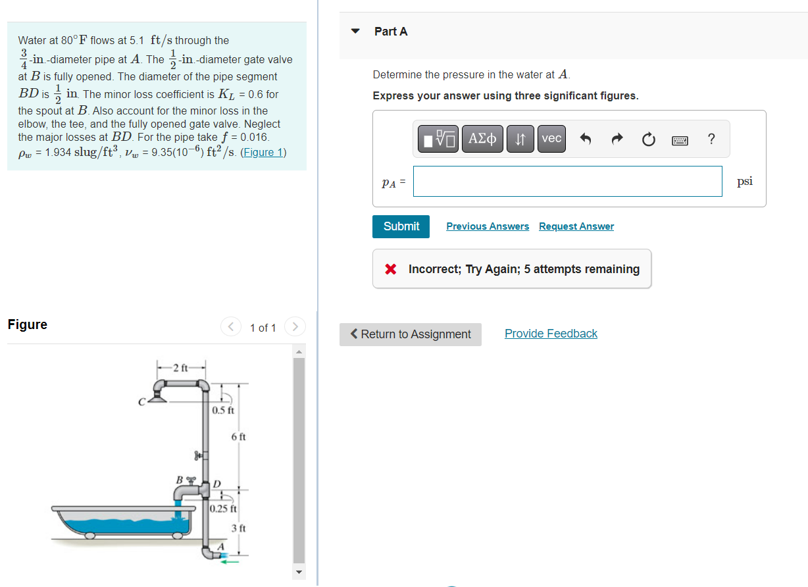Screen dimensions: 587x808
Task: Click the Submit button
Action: (x=401, y=226)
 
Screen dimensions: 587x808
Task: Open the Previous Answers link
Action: (x=487, y=226)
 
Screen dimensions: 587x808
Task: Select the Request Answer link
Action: (x=576, y=226)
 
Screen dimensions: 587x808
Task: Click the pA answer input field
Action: (x=567, y=181)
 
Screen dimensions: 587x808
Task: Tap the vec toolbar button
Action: (x=551, y=139)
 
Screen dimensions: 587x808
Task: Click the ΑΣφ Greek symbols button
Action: (x=483, y=139)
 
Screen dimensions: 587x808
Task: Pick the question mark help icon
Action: (x=711, y=139)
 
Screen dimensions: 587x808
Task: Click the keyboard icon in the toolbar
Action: (x=680, y=140)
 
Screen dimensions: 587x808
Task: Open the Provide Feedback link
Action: (x=551, y=334)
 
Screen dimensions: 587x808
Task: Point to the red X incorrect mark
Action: (x=391, y=269)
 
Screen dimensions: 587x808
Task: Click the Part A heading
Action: (x=391, y=32)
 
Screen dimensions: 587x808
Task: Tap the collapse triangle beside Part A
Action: (x=356, y=31)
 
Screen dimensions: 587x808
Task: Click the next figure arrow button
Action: (x=295, y=327)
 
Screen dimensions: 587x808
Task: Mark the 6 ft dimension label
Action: (x=238, y=436)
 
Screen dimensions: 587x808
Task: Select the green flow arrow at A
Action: (x=229, y=561)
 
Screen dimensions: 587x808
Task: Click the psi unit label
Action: (x=744, y=181)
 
